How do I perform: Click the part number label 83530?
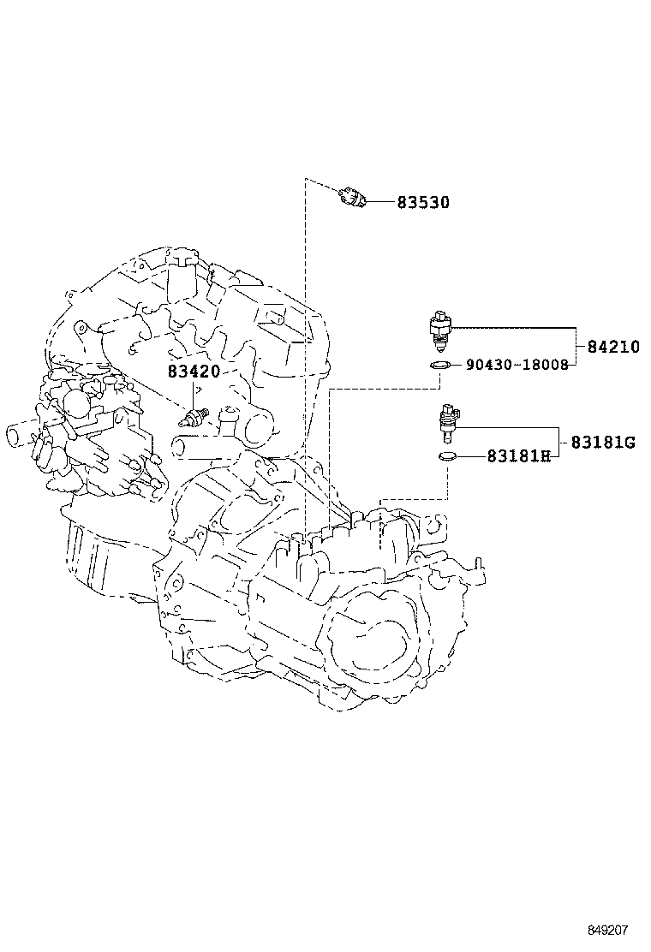point(422,203)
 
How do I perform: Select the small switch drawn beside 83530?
point(352,197)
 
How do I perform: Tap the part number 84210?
point(612,348)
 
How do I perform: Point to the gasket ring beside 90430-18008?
point(439,366)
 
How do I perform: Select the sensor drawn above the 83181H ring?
point(446,420)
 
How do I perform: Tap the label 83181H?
point(518,456)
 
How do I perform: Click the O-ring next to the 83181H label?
point(446,456)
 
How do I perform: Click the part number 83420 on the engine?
point(194,372)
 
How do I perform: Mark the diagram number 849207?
point(607,930)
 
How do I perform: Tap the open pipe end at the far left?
point(15,434)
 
